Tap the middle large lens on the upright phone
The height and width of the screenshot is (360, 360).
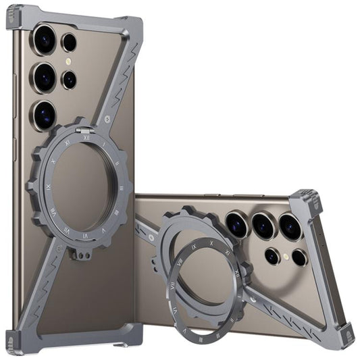(x=46, y=75)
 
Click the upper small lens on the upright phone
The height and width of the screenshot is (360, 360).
(x=69, y=43)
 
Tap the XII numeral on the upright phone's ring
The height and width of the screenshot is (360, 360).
(x=86, y=137)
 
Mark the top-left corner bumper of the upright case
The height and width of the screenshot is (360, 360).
(x=19, y=17)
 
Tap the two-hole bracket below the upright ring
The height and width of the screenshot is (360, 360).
(x=80, y=255)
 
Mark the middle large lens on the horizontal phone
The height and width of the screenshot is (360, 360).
(x=263, y=224)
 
